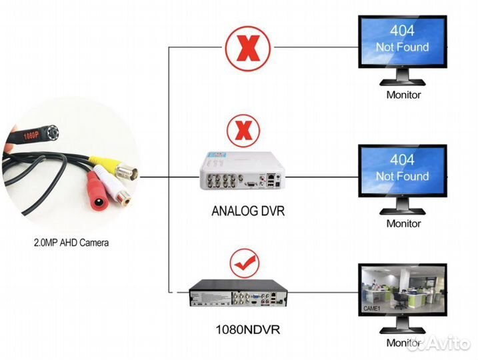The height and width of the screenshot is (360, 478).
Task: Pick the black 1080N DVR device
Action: click(238, 294)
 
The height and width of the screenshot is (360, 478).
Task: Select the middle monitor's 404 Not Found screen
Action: click(402, 171)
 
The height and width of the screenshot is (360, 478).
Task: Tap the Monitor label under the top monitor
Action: click(403, 95)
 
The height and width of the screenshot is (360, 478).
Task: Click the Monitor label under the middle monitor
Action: click(403, 224)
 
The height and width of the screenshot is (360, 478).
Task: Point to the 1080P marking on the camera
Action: click(30, 133)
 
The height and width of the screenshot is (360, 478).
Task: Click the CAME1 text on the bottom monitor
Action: click(371, 309)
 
